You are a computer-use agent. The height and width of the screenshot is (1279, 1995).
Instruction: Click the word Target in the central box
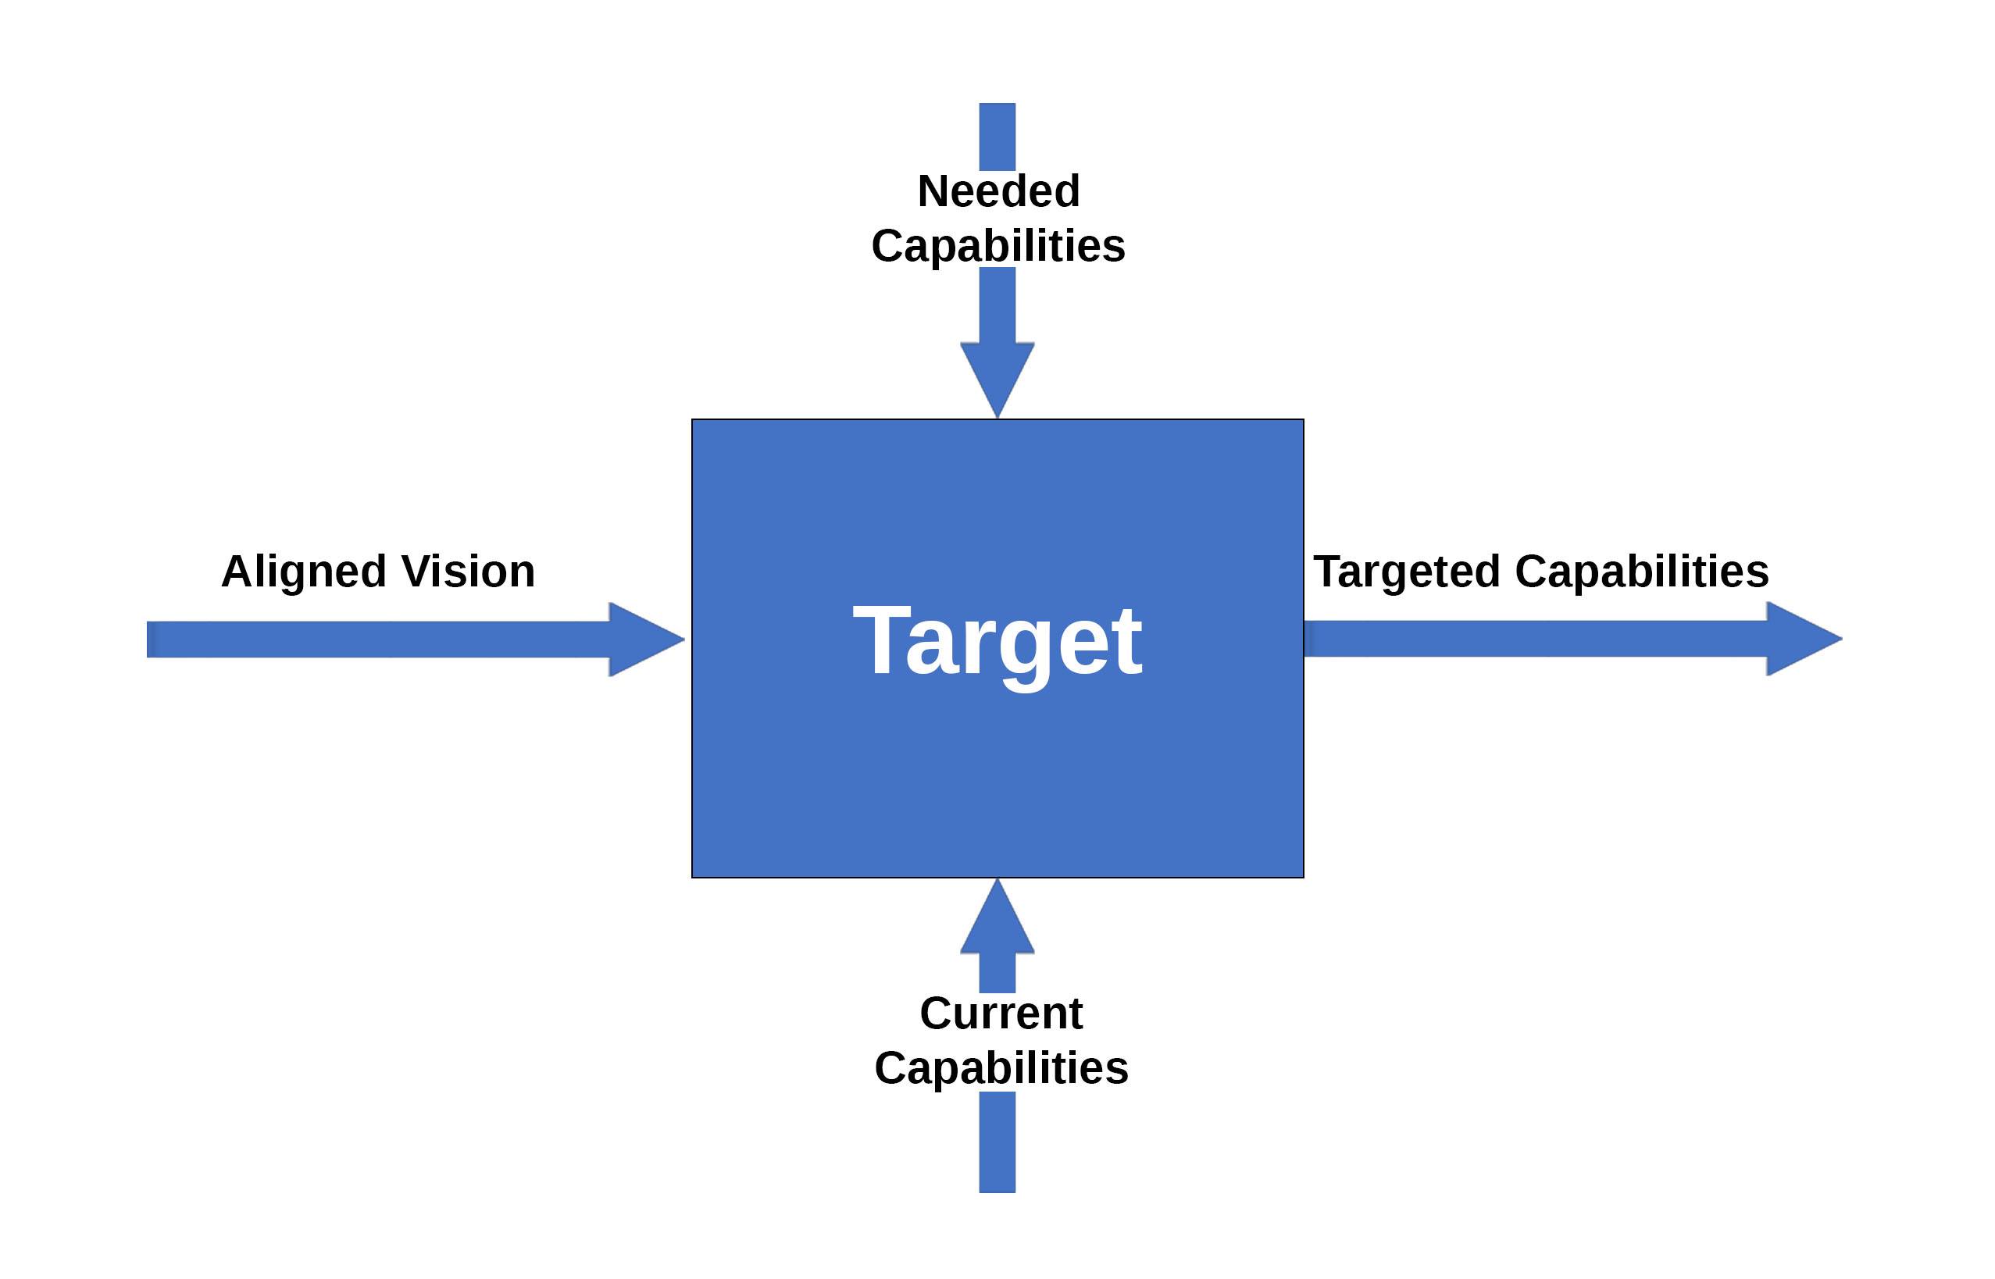point(997,641)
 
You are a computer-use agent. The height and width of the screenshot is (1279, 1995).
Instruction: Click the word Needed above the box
point(998,191)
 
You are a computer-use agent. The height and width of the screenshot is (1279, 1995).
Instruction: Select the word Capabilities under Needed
point(998,246)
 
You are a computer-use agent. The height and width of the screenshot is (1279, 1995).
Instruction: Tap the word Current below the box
point(1001,1014)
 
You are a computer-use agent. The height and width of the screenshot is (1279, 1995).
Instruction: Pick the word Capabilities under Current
point(1001,1068)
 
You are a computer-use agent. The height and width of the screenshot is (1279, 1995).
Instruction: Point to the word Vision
point(469,572)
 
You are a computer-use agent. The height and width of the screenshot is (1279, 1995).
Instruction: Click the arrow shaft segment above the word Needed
point(997,136)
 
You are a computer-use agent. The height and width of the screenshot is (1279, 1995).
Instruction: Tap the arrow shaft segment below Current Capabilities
point(997,1142)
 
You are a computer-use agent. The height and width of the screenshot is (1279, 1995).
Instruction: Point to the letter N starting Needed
point(934,191)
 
